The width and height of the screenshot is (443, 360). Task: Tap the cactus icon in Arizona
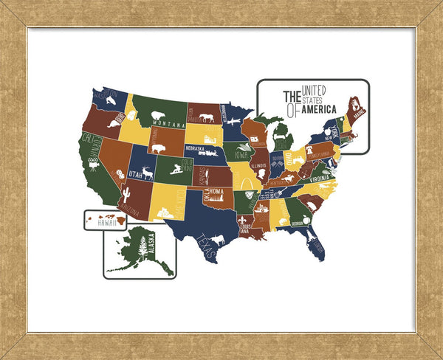(x=126, y=195)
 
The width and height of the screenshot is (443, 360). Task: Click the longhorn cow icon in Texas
(x=218, y=239)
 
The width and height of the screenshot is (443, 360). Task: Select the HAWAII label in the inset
(x=108, y=222)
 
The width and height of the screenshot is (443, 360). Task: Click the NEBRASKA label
(x=196, y=147)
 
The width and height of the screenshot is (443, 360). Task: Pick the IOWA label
(x=241, y=155)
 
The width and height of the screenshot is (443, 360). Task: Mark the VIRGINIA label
(x=320, y=178)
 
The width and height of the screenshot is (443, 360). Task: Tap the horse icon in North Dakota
(x=207, y=117)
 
